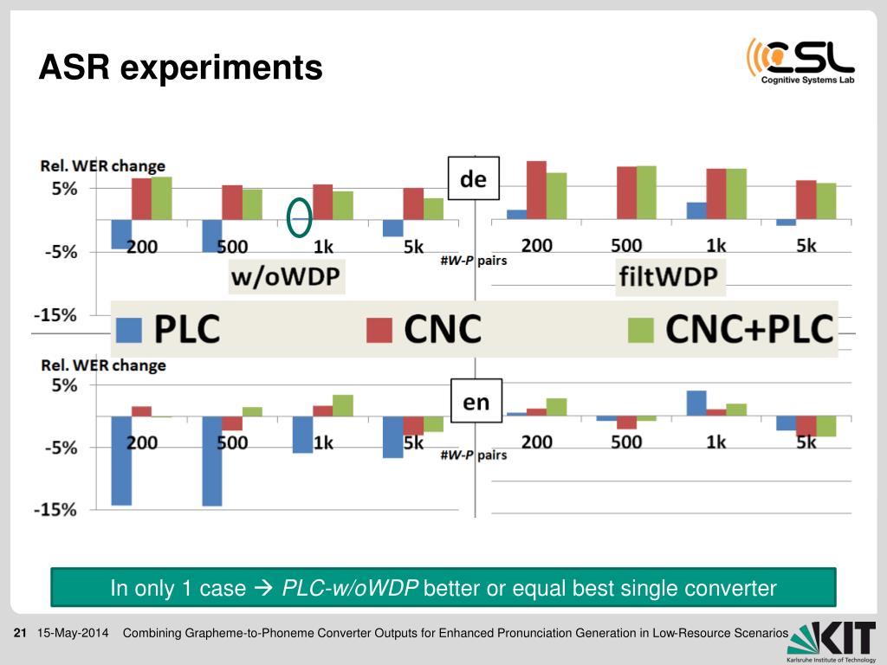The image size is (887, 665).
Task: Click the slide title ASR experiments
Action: [x=180, y=67]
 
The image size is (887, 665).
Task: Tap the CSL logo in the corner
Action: [x=800, y=61]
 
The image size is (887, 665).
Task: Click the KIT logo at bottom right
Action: [x=832, y=639]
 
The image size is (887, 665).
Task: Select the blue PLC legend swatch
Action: [x=128, y=329]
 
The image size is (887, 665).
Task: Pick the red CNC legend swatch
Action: [x=379, y=329]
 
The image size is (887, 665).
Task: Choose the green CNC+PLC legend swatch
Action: [x=641, y=329]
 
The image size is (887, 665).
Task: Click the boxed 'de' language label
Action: [x=473, y=180]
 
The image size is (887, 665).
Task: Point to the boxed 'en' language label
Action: [x=476, y=402]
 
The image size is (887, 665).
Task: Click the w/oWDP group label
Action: [x=285, y=277]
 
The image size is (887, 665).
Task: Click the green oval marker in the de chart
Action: [x=300, y=216]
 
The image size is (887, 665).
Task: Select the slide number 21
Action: [x=22, y=634]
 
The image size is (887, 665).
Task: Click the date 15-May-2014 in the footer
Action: [x=74, y=634]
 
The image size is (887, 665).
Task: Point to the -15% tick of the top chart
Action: [x=55, y=315]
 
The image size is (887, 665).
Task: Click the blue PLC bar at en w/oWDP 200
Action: [x=122, y=460]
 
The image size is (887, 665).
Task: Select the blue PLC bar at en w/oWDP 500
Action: [x=212, y=461]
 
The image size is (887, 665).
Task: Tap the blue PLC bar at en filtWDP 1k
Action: [x=696, y=404]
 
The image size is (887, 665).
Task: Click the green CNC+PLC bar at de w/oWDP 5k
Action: [x=433, y=209]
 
